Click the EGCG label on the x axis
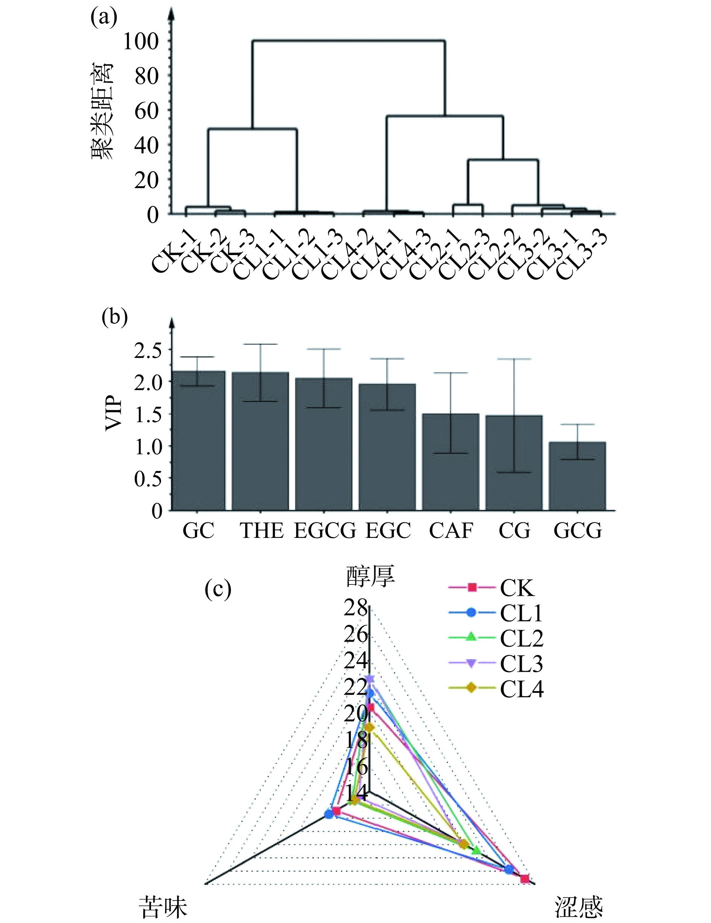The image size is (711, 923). (325, 530)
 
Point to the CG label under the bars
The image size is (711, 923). (514, 530)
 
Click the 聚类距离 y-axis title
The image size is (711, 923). (102, 111)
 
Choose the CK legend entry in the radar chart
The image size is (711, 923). (517, 588)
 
